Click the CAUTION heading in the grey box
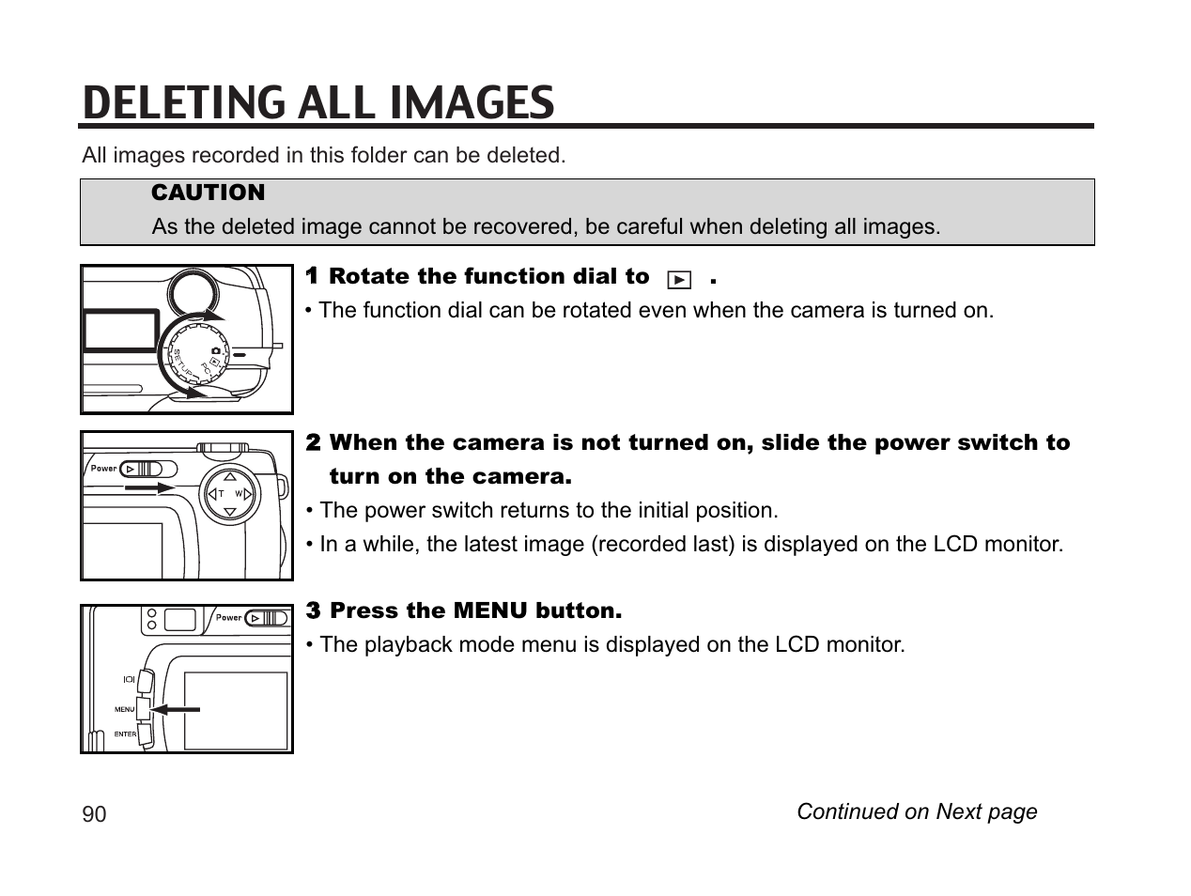tap(208, 193)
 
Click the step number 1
tap(313, 275)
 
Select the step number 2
tap(314, 441)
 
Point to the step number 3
tap(314, 610)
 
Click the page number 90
tap(94, 814)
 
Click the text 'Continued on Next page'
tap(916, 811)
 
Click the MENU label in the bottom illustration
tap(124, 710)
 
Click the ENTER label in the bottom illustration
tap(125, 734)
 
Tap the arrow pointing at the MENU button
tap(178, 709)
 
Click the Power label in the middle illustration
tap(103, 468)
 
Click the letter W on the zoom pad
tap(239, 494)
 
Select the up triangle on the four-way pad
tap(230, 474)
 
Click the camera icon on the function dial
tap(216, 349)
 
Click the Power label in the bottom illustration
tap(228, 617)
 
